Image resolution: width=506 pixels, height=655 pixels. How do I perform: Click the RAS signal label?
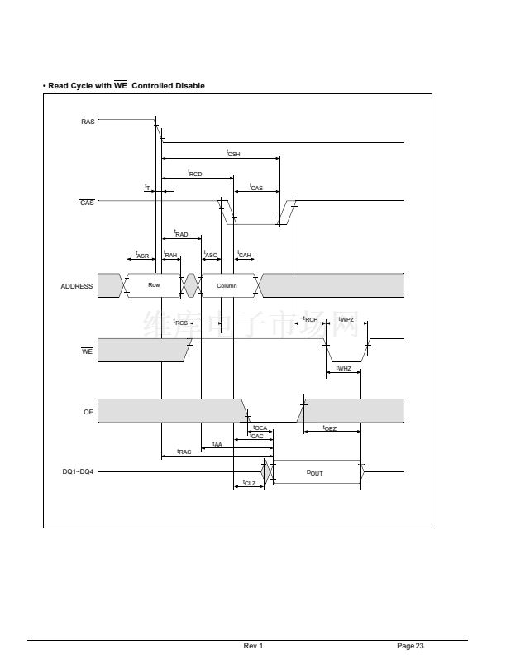pyautogui.click(x=88, y=122)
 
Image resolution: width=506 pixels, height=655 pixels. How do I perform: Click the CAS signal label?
pyautogui.click(x=87, y=203)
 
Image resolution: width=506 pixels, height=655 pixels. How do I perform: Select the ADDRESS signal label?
pyautogui.click(x=77, y=286)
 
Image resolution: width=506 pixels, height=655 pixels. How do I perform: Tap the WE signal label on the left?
pyautogui.click(x=87, y=351)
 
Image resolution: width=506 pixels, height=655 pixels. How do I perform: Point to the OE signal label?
pyautogui.click(x=88, y=412)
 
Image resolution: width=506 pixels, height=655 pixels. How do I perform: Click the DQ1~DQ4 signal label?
pyautogui.click(x=78, y=472)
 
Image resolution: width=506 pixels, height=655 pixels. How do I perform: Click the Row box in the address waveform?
pyautogui.click(x=154, y=285)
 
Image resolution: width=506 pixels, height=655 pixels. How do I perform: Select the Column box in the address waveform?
pyautogui.click(x=227, y=286)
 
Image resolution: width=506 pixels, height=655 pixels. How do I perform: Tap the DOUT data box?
pyautogui.click(x=315, y=472)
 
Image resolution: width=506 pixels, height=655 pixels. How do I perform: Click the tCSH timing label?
pyautogui.click(x=233, y=153)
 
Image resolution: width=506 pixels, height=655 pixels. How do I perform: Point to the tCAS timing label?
pyautogui.click(x=255, y=188)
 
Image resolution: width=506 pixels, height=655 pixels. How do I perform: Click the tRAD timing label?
pyautogui.click(x=181, y=234)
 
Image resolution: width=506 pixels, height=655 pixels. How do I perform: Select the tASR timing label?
pyautogui.click(x=142, y=255)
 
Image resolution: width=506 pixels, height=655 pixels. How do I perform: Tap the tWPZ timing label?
pyautogui.click(x=346, y=319)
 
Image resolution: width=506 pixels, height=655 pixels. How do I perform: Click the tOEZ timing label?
pyautogui.click(x=329, y=428)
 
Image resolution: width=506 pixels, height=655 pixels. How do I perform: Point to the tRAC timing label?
pyautogui.click(x=184, y=452)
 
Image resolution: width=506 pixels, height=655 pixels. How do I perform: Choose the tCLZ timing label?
pyautogui.click(x=249, y=482)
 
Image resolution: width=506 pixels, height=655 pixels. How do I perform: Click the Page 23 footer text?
pyautogui.click(x=410, y=645)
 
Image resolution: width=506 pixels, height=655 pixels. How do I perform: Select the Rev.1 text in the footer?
pyautogui.click(x=253, y=645)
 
